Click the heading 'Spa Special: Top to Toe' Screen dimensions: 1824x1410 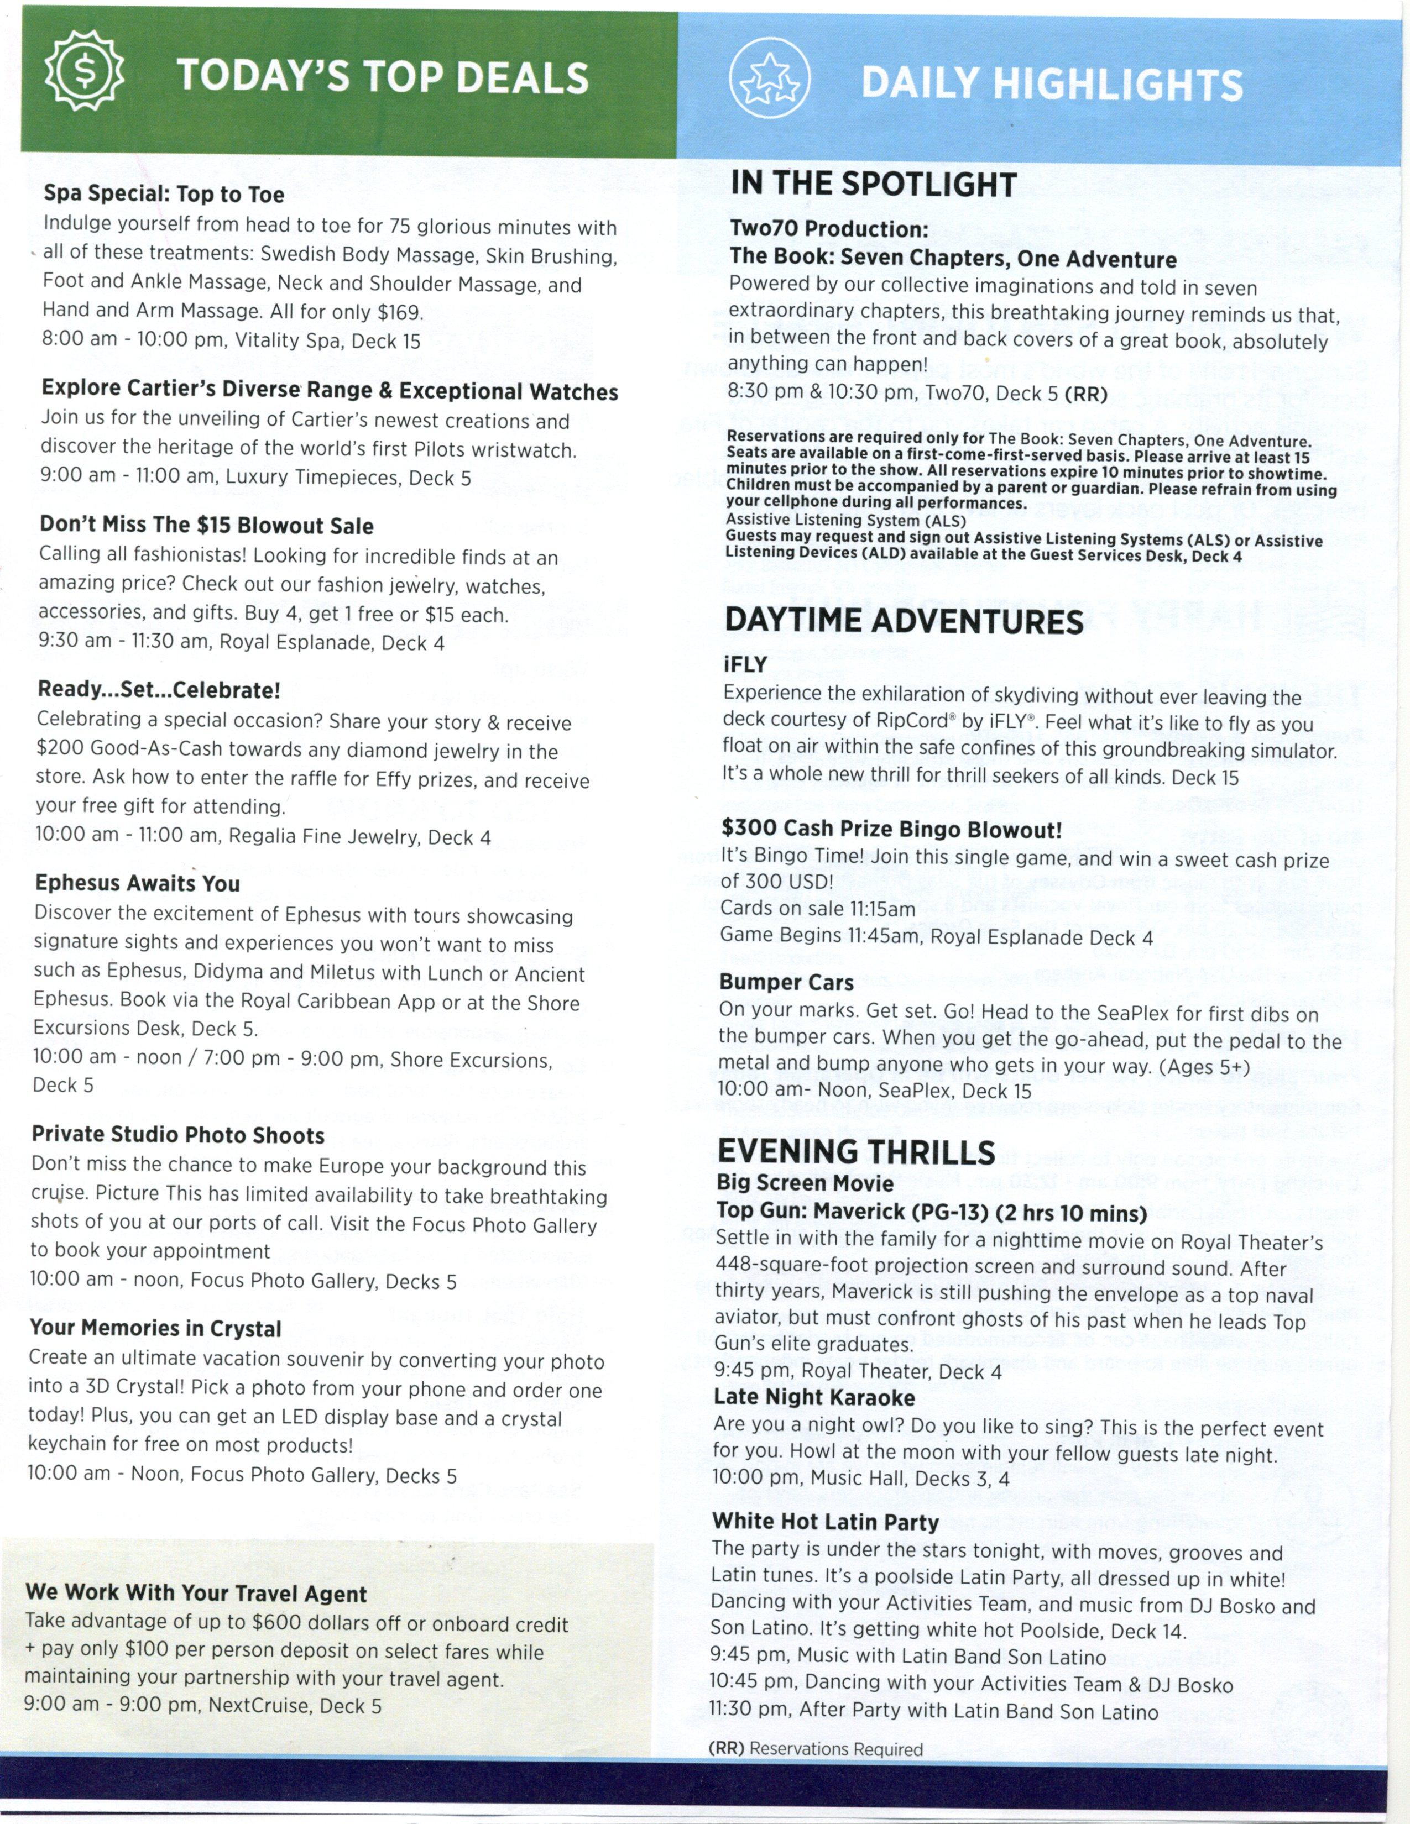point(164,195)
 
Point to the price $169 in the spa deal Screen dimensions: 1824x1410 point(400,312)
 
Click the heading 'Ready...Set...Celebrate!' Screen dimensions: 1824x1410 point(159,691)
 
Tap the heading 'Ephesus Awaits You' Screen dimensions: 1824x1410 point(137,884)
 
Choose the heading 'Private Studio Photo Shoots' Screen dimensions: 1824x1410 point(178,1135)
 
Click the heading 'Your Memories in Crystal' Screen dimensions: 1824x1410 point(155,1329)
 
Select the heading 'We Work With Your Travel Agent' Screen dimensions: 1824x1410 point(196,1594)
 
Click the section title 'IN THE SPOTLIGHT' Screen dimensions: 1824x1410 point(874,184)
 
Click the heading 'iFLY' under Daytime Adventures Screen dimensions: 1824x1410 point(745,665)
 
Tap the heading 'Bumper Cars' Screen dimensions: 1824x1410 point(787,983)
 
